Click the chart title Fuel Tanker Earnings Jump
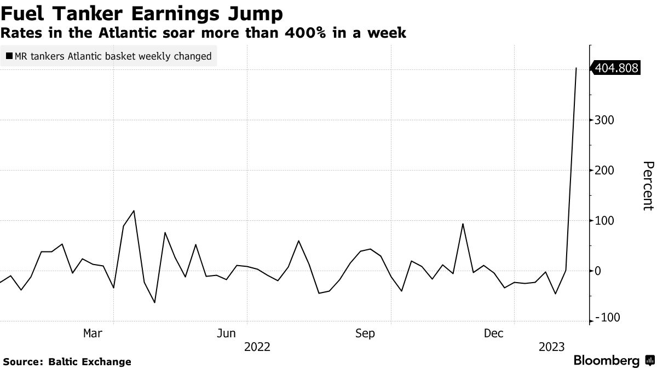click(x=143, y=13)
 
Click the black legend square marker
click(x=9, y=56)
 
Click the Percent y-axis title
click(x=648, y=186)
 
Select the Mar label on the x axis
click(x=93, y=333)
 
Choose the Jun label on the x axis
click(x=226, y=333)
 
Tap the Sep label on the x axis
click(x=365, y=333)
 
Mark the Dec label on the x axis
click(x=494, y=333)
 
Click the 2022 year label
click(x=257, y=347)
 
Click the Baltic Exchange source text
click(x=90, y=361)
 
